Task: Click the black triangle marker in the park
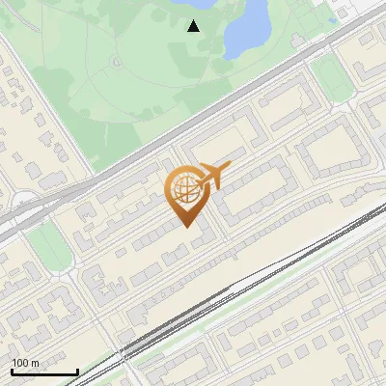point(194,26)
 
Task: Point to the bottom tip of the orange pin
point(187,226)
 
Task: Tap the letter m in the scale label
point(35,363)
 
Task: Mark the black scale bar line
point(43,372)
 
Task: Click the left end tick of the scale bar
point(12,370)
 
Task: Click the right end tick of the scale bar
point(76,370)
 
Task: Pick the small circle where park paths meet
point(115,63)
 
